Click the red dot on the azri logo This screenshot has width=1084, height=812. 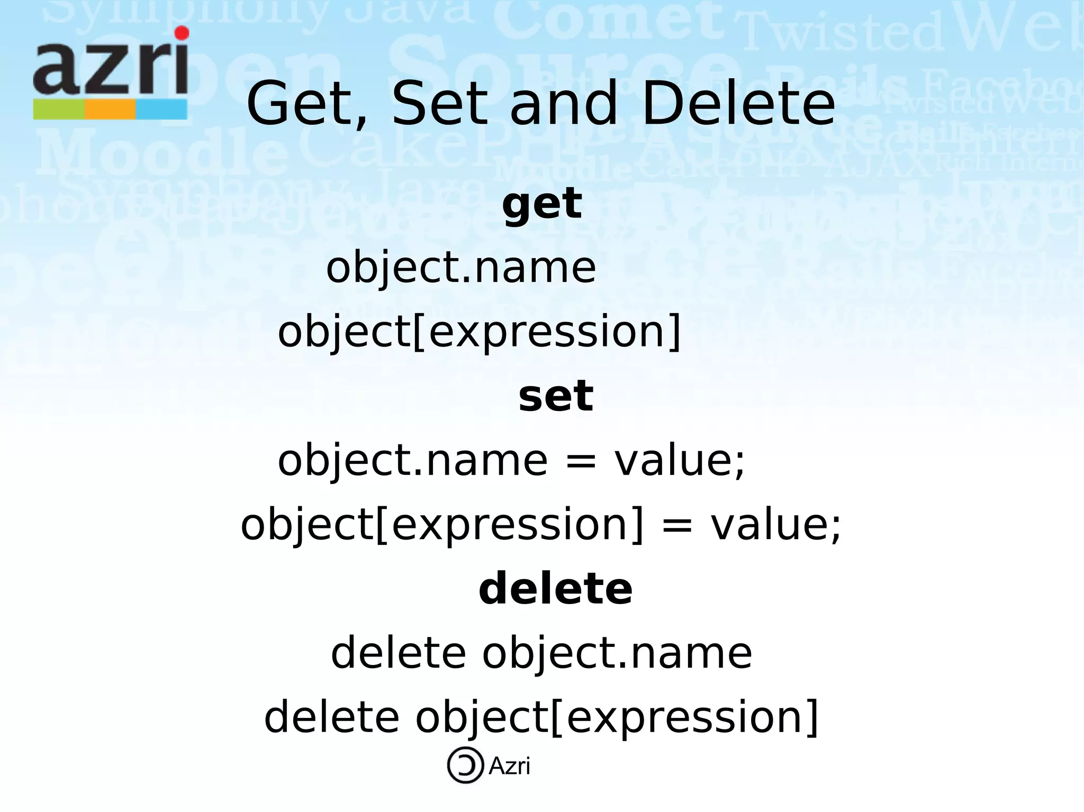[182, 33]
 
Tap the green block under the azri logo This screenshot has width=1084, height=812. [59, 109]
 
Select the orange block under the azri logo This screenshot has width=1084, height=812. [110, 109]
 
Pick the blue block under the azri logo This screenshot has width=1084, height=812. [161, 109]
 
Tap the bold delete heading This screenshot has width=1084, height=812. [555, 589]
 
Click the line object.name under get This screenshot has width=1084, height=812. [461, 268]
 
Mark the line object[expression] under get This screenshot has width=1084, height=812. [480, 332]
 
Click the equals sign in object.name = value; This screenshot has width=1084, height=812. [581, 460]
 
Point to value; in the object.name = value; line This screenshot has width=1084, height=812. [680, 460]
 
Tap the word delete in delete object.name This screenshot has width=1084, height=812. [398, 653]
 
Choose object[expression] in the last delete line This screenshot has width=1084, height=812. [617, 718]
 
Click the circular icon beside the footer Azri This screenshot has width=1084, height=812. [465, 765]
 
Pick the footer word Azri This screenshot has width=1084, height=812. [509, 766]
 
